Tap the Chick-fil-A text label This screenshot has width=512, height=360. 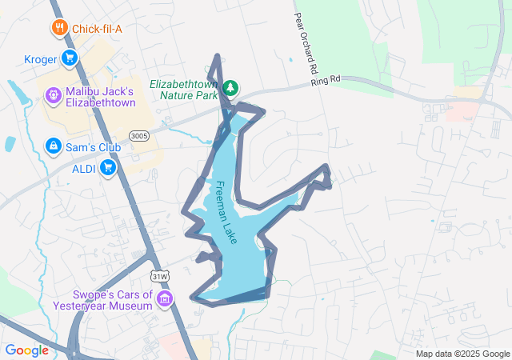point(98,30)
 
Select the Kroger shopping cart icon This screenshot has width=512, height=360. point(70,58)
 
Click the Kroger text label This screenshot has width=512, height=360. point(41,58)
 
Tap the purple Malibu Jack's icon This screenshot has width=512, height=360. point(53,94)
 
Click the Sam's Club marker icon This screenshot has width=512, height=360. point(53,146)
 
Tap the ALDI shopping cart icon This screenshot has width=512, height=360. point(108,167)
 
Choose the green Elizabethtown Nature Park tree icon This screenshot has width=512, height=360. point(231,87)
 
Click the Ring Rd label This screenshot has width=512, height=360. point(326,80)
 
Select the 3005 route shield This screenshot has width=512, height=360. point(138,136)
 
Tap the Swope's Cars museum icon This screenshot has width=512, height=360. point(166,300)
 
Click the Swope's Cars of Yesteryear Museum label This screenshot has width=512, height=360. point(102,300)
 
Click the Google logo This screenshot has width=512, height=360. point(26,350)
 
